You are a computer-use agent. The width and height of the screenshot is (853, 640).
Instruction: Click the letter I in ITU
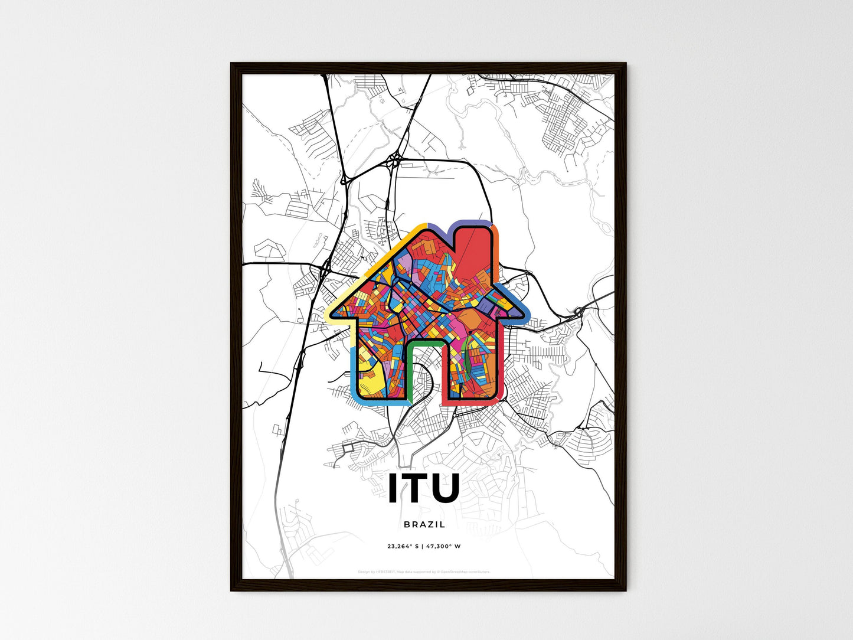(x=392, y=489)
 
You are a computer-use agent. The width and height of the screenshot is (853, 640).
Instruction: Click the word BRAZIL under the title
(x=424, y=524)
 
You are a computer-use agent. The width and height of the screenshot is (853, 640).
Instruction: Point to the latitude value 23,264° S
(x=403, y=546)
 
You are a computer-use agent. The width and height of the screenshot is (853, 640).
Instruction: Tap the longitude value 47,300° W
(x=443, y=546)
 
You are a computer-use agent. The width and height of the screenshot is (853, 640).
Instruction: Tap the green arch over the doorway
(x=425, y=342)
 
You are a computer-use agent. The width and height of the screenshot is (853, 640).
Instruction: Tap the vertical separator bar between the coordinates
(x=423, y=546)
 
